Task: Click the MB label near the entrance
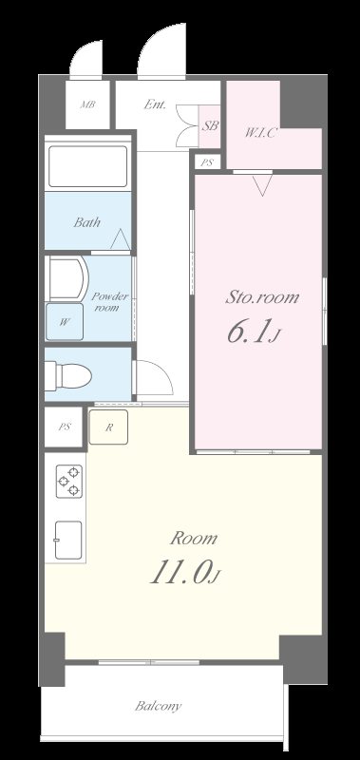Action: point(87,104)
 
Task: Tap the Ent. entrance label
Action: point(155,104)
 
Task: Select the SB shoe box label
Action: point(210,126)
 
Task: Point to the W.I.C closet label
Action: point(260,133)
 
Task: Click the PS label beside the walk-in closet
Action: point(207,162)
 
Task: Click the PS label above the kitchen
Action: point(65,427)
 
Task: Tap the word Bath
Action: point(87,222)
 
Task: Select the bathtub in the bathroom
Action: point(87,165)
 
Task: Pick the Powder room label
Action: point(110,301)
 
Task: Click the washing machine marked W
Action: point(65,322)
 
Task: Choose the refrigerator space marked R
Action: point(108,427)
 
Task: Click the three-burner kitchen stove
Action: point(69,481)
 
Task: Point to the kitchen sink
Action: point(68,540)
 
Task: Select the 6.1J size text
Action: point(254,333)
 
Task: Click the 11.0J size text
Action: point(185,574)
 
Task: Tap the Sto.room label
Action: point(262,297)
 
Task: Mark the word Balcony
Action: point(159,706)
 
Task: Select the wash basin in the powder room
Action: point(67,278)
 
